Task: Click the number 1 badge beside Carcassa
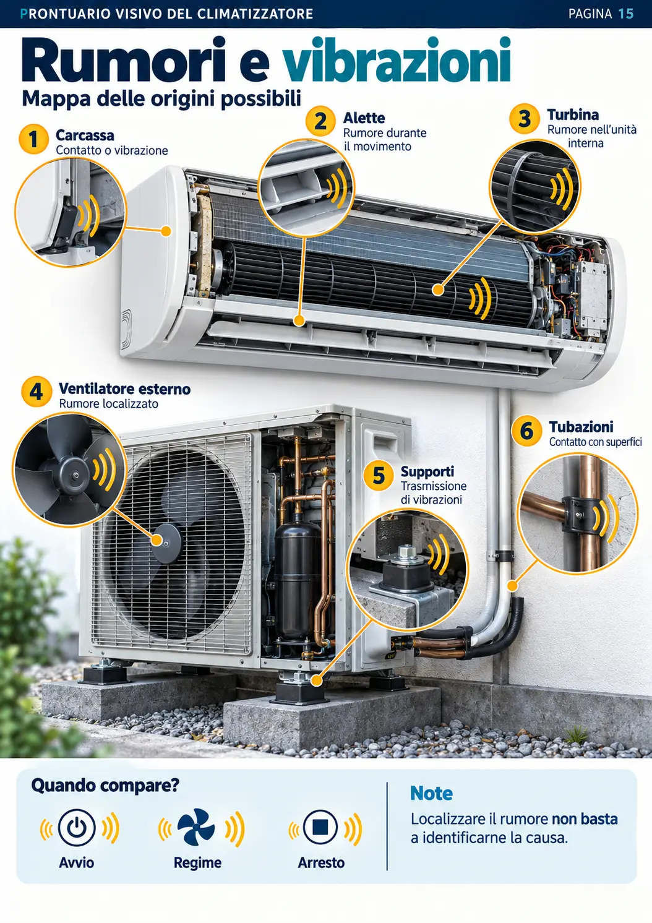[x=34, y=139]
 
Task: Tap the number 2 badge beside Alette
[x=320, y=121]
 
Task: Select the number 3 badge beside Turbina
[x=524, y=118]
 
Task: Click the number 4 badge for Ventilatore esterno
[x=36, y=392]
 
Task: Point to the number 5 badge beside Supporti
[x=379, y=476]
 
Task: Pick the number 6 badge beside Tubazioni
[x=526, y=431]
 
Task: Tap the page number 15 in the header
[x=625, y=14]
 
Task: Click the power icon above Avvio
[x=77, y=827]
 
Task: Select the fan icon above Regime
[x=196, y=826]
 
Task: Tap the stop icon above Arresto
[x=320, y=826]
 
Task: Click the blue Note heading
[x=431, y=793]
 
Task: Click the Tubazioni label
[x=581, y=426]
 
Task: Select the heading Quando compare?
[x=105, y=786]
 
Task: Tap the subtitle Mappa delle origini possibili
[x=161, y=100]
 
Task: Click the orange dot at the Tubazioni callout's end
[x=512, y=585]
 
